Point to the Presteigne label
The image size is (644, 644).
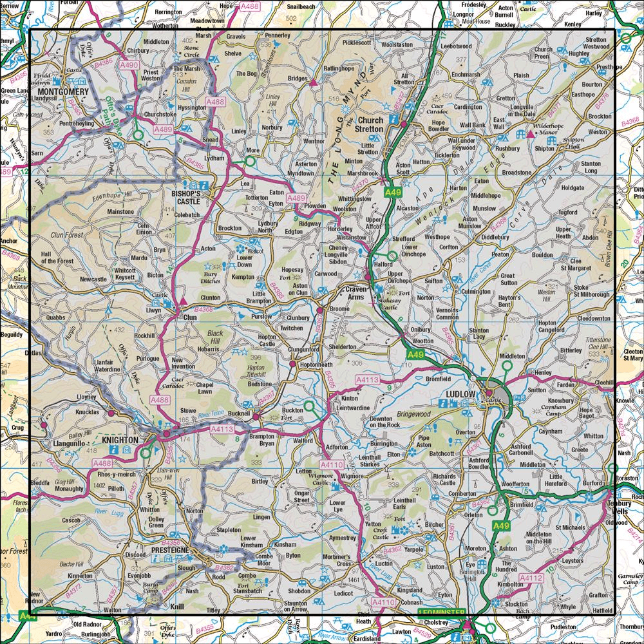(170, 551)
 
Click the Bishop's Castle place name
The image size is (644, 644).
(187, 196)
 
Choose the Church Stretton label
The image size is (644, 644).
(370, 124)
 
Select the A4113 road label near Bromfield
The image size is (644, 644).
(367, 381)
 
